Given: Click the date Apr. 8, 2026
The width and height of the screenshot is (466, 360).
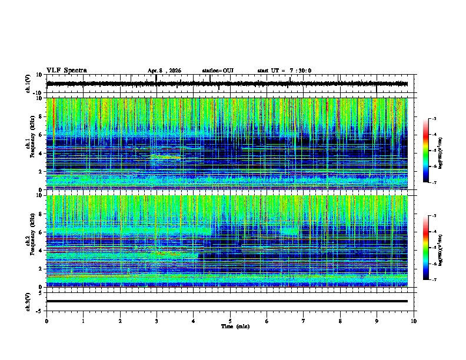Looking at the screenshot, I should click(x=164, y=71).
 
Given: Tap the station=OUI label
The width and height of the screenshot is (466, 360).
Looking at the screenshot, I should click(x=218, y=71).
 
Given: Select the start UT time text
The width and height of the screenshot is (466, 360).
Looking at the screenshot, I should click(x=284, y=71).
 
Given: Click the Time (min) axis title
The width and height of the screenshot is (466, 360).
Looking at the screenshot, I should click(x=235, y=326).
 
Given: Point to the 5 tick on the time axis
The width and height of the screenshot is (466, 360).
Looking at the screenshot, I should click(x=230, y=321).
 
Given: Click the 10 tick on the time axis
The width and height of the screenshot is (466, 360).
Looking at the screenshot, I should click(x=414, y=321).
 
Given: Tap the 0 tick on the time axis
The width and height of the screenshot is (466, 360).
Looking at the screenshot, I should click(x=46, y=321).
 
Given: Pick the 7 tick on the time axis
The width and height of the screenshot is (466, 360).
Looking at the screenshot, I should click(x=304, y=321).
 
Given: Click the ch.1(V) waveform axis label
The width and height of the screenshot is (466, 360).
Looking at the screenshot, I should click(x=28, y=84).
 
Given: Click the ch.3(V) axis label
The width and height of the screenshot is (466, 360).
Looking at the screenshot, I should click(x=28, y=301).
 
